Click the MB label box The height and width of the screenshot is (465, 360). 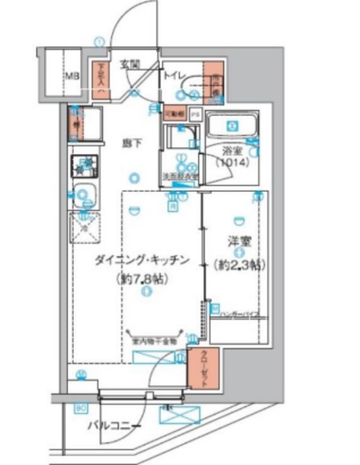coord(73,75)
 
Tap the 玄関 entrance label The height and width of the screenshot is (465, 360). coord(129,62)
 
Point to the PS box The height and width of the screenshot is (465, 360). coord(195,115)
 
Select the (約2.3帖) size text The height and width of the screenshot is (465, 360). coord(236,264)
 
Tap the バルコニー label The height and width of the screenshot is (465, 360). coord(114,426)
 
